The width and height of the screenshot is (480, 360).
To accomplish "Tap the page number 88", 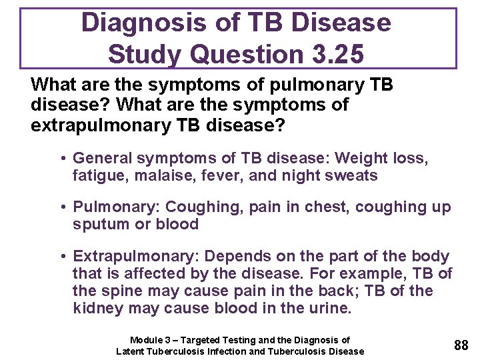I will (461, 345).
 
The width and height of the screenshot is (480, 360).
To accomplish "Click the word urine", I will (329, 309).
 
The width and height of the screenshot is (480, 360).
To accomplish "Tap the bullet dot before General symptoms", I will (61, 159).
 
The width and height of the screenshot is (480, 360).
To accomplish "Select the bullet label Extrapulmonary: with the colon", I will (136, 256).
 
